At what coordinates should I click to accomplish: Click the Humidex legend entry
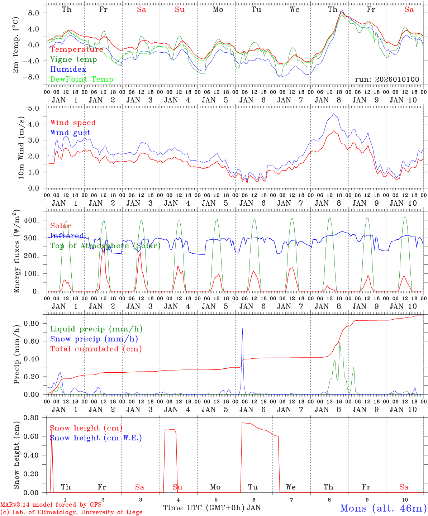[x=68, y=70]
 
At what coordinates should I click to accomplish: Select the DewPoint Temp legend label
[x=82, y=80]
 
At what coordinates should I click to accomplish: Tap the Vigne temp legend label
[x=73, y=59]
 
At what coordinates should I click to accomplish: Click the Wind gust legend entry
[x=70, y=133]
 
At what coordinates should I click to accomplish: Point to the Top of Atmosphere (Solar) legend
[x=105, y=246]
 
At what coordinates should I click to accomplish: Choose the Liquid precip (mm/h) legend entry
[x=96, y=329]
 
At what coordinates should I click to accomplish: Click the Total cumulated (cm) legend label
[x=96, y=349]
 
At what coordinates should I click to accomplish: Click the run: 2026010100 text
[x=387, y=80]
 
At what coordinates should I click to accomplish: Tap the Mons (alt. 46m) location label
[x=383, y=508]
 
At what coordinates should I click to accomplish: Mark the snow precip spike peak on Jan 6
[x=242, y=328]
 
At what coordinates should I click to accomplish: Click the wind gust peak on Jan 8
[x=334, y=114]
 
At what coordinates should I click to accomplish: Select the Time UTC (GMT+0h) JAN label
[x=211, y=508]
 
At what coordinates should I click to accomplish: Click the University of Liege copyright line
[x=71, y=512]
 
